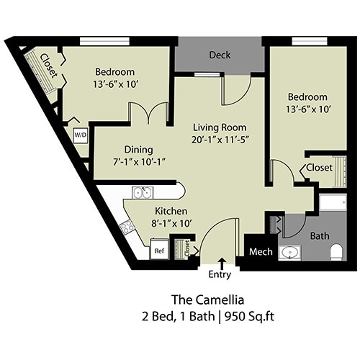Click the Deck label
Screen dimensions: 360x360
click(x=220, y=55)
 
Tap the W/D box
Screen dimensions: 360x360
click(x=78, y=135)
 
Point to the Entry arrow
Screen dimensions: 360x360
click(x=220, y=261)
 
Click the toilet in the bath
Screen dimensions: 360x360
click(x=335, y=251)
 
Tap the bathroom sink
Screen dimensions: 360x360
click(x=291, y=252)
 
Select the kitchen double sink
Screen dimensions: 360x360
click(x=141, y=193)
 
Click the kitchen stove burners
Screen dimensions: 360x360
click(x=127, y=226)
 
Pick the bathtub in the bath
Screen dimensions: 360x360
click(x=333, y=202)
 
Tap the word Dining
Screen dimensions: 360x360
click(x=138, y=149)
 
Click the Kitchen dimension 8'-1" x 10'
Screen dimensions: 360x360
click(x=171, y=222)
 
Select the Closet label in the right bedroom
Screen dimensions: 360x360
click(x=319, y=167)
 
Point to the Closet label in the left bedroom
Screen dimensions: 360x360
click(x=49, y=66)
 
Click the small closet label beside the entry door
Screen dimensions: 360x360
click(x=187, y=249)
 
